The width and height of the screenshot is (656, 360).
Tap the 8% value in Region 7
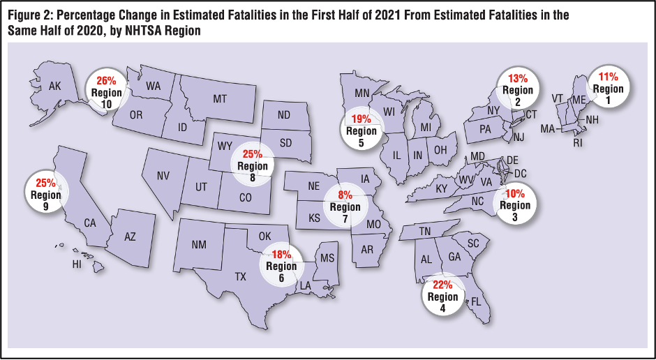345,196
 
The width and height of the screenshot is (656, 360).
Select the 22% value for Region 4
443,285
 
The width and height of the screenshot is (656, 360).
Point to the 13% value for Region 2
518,80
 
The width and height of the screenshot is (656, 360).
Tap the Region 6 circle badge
281,266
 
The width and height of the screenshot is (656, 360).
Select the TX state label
241,276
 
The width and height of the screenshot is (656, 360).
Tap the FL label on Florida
477,303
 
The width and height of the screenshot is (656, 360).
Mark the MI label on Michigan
426,128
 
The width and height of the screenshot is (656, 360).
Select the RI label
577,143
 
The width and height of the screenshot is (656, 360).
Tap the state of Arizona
130,237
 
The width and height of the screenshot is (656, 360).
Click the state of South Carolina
473,243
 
